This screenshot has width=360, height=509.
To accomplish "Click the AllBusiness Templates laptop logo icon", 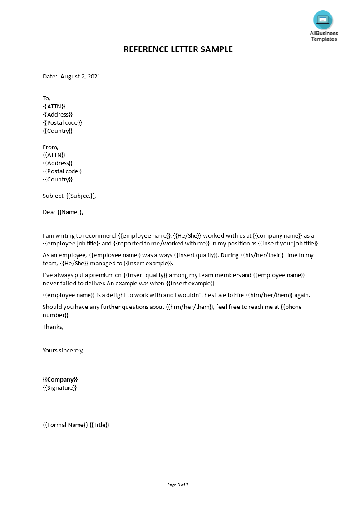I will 323,20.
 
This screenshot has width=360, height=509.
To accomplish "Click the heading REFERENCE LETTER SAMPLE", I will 178,49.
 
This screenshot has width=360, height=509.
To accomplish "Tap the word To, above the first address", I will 46,98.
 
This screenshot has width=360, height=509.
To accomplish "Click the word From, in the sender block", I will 50,147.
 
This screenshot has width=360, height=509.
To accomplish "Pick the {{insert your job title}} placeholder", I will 288,243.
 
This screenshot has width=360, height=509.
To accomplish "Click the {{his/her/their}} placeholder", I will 262,255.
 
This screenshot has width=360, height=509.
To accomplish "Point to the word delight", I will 118,295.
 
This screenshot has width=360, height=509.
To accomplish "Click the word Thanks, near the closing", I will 53,327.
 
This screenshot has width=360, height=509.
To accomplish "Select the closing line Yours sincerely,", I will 63,350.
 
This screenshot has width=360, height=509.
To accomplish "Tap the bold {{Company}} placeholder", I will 60,379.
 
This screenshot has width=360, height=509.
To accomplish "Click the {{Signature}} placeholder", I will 59,387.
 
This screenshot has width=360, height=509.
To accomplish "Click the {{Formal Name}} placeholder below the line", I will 65,425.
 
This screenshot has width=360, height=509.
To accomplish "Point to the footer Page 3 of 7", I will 178,485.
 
